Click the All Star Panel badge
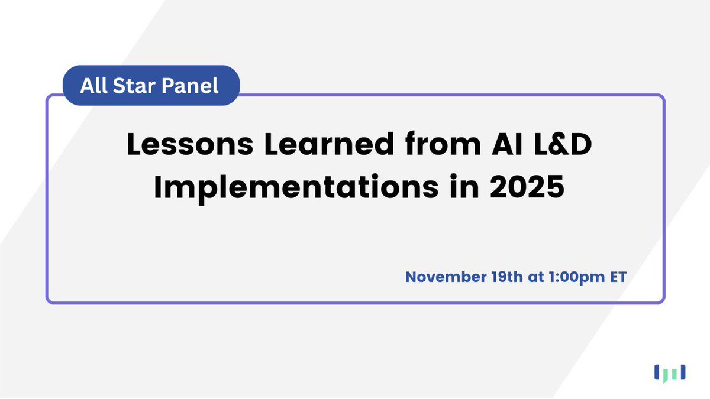click(151, 85)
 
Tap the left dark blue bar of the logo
click(656, 372)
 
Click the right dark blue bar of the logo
click(683, 372)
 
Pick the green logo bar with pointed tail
click(664, 374)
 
